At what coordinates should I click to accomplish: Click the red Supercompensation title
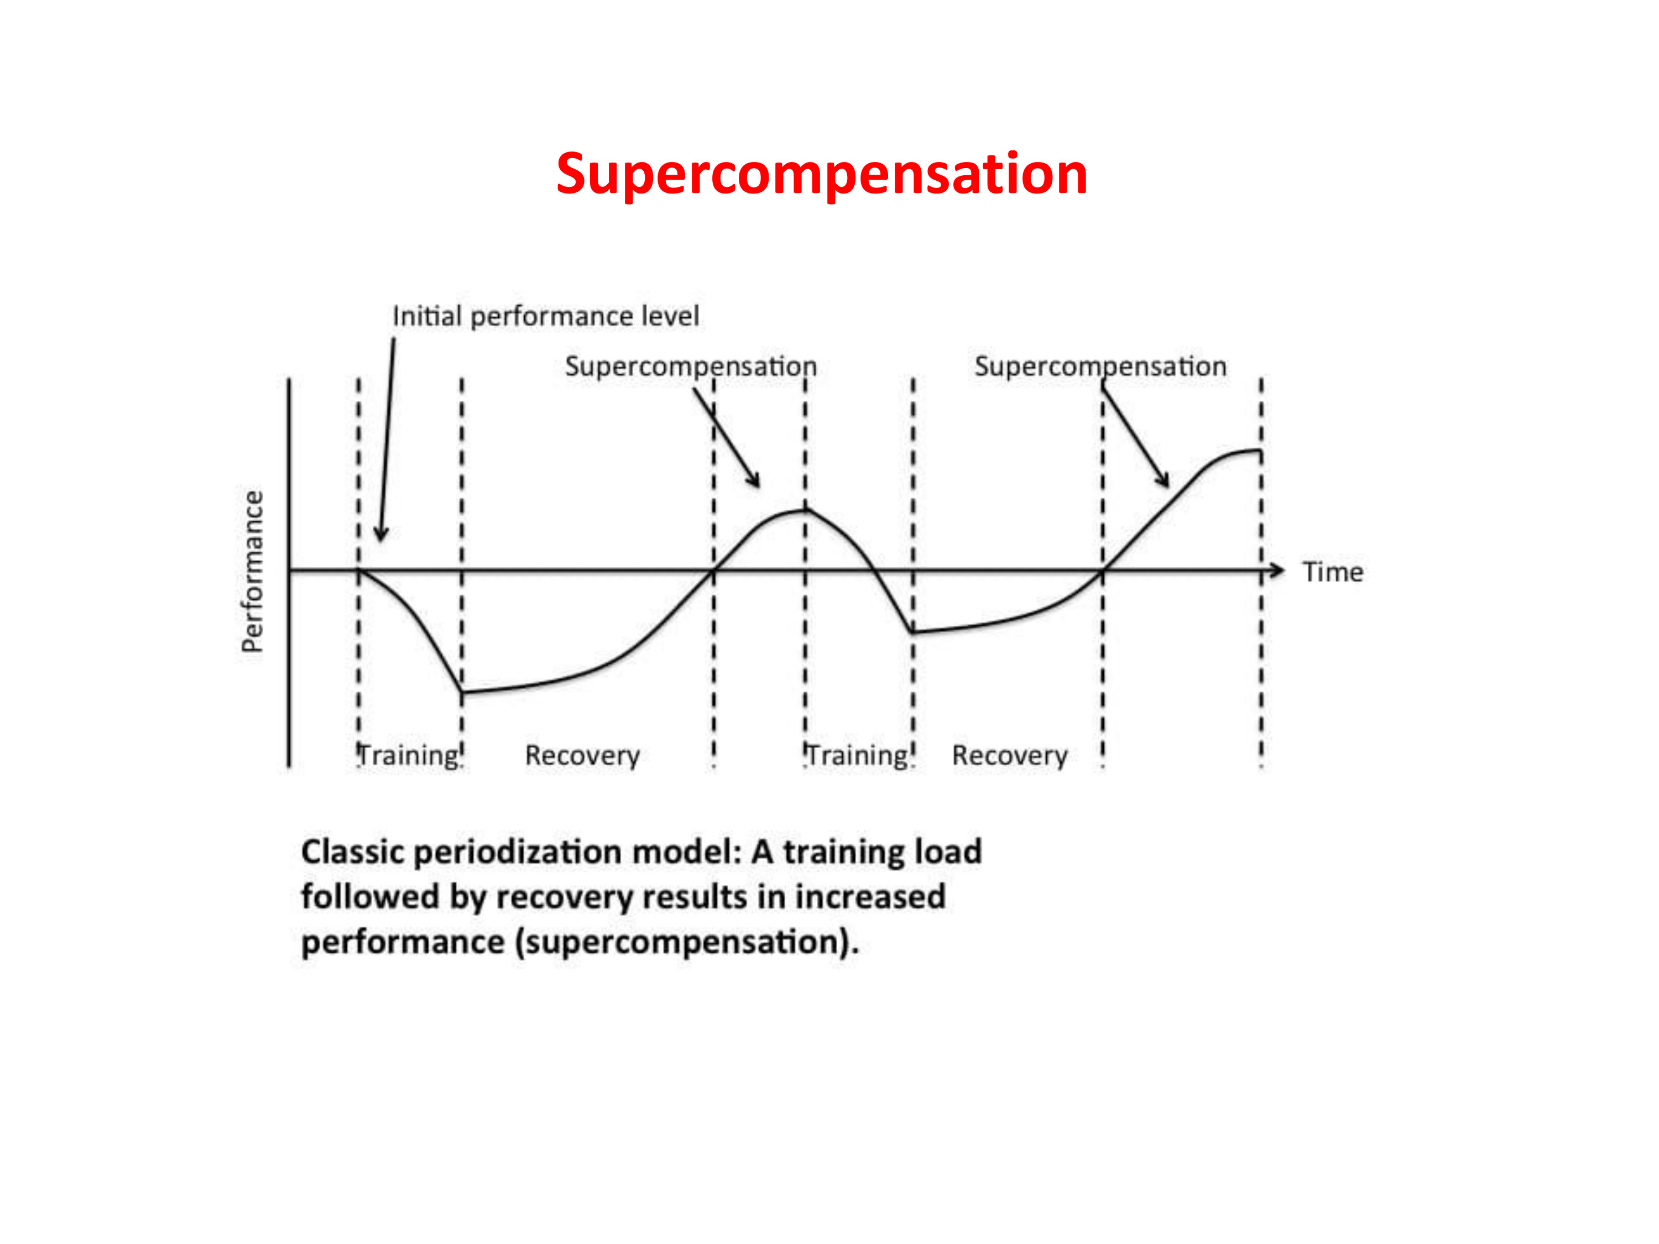(821, 174)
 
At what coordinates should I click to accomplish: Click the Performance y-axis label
(253, 571)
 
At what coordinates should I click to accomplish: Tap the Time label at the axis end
(1333, 572)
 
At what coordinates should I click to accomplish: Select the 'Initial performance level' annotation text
(545, 316)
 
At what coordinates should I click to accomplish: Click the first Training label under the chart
(409, 755)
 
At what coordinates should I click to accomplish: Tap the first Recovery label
(583, 756)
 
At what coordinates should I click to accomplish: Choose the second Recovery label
(1009, 756)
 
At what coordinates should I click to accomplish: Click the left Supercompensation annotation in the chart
(691, 367)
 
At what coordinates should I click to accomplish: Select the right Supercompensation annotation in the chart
(1100, 367)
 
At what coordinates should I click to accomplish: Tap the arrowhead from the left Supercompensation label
(754, 480)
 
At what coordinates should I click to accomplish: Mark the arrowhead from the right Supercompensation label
(1162, 480)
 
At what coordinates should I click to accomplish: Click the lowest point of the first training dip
(462, 692)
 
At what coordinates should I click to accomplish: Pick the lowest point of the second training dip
(913, 632)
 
